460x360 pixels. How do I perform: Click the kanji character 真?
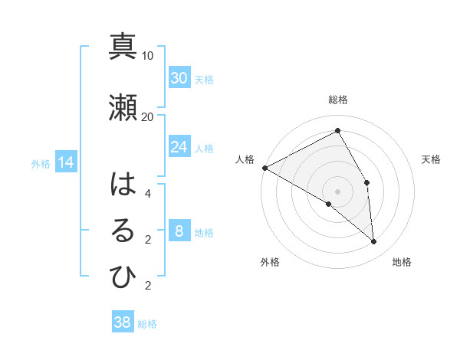coord(123,47)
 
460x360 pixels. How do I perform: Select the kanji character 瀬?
coord(123,108)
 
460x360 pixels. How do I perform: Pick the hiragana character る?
coord(123,231)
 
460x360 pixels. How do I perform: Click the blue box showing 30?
coord(179,78)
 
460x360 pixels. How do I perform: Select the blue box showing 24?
coord(179,147)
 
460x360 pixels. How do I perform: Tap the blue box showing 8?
coord(179,231)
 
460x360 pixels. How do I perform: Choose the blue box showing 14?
coord(65,162)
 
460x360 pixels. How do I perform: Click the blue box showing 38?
coord(123,322)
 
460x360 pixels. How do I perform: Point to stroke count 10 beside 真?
coord(148,55)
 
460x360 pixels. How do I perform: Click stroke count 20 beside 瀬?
coord(148,116)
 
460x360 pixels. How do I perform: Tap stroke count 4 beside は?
coord(148,193)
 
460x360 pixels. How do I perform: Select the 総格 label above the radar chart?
coord(337,100)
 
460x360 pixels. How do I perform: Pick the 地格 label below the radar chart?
coord(402,262)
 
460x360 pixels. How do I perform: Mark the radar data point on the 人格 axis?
coord(264,168)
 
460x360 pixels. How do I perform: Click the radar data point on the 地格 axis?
coord(374,242)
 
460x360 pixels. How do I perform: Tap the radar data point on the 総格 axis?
coord(337,131)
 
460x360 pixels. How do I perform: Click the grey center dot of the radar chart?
coord(337,191)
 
